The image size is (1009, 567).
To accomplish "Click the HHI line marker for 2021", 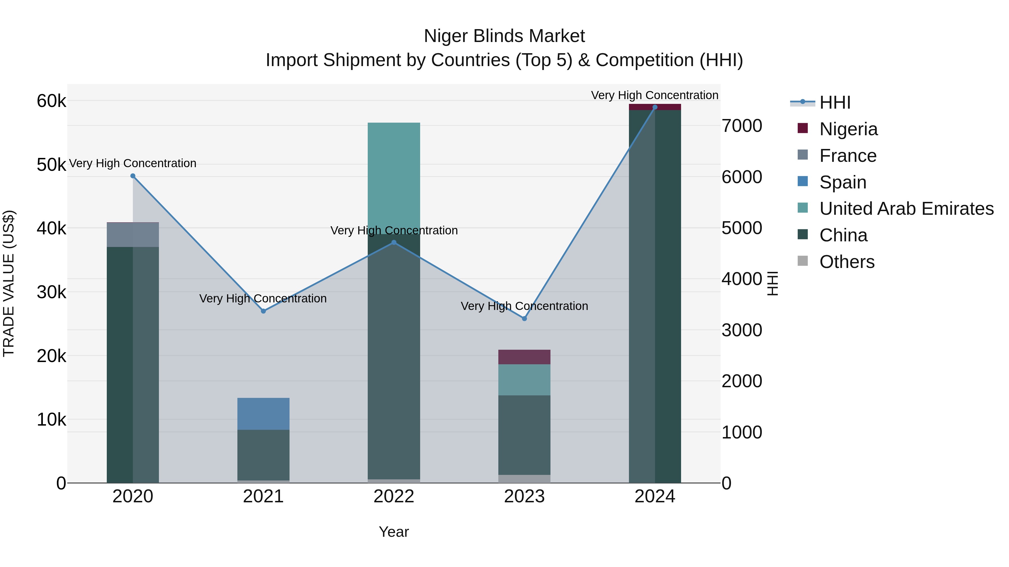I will [263, 311].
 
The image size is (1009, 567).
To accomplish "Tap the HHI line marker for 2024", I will [655, 107].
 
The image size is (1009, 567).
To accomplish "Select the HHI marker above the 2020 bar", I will [133, 176].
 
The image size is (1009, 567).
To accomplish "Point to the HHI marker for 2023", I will [524, 319].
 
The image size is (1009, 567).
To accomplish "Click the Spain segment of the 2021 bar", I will [263, 414].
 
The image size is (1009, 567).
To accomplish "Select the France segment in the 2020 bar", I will [133, 235].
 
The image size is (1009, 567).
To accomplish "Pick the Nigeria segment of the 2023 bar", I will [524, 357].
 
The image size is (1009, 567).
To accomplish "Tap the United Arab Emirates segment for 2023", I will [524, 380].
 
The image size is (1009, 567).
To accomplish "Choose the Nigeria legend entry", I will [848, 129].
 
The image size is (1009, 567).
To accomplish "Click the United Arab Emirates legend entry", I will [906, 209].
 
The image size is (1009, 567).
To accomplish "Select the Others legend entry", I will [847, 262].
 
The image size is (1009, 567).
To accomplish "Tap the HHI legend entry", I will [835, 102].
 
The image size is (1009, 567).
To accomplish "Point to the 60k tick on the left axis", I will [51, 101].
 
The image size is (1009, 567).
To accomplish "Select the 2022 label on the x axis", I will [394, 496].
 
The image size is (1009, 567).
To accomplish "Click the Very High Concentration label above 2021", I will [263, 298].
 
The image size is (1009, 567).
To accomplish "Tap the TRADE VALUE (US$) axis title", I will [9, 283].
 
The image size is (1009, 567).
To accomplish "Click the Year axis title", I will [394, 532].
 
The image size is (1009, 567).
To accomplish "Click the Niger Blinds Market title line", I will [504, 36].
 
